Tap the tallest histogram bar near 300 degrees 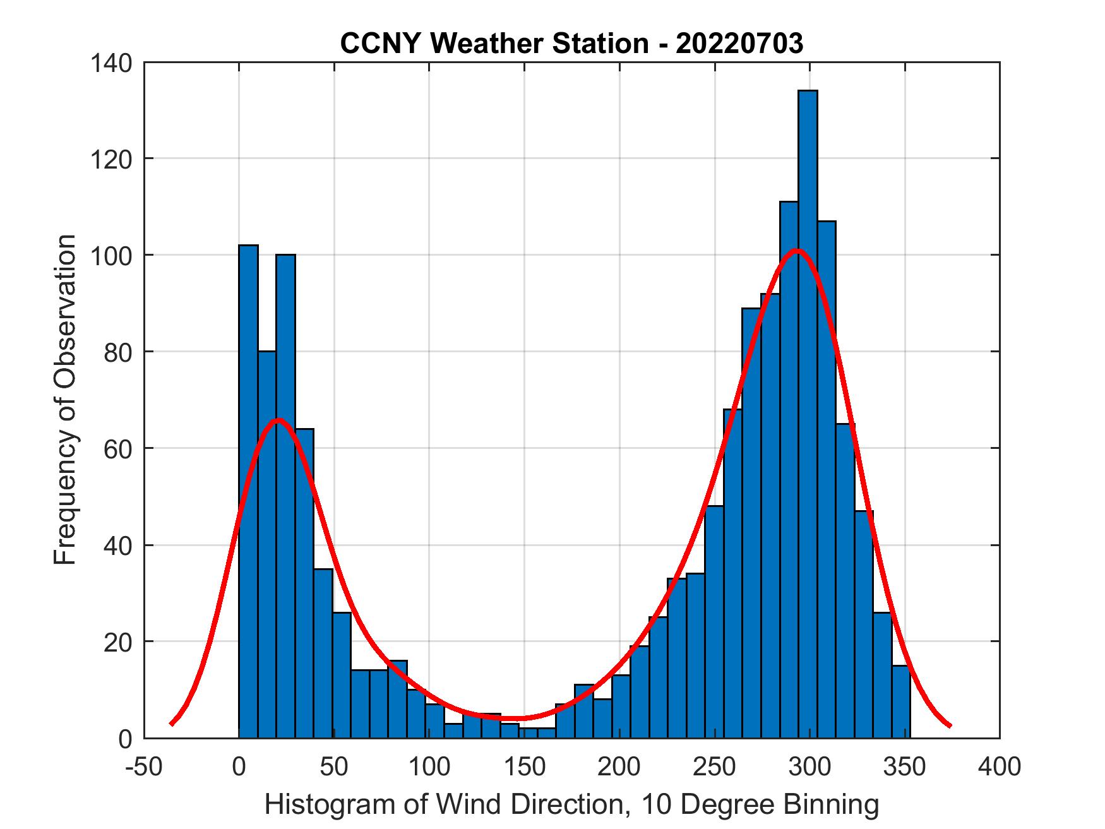pyautogui.click(x=808, y=410)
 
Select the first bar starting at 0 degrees pyautogui.click(x=248, y=492)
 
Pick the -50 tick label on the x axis pyautogui.click(x=143, y=767)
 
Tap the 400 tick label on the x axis pyautogui.click(x=1000, y=767)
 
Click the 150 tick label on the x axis pyautogui.click(x=524, y=767)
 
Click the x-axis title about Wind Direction pyautogui.click(x=571, y=804)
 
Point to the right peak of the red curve pyautogui.click(x=797, y=251)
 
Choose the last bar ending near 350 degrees pyautogui.click(x=901, y=701)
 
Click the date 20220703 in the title pyautogui.click(x=739, y=44)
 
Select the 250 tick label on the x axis pyautogui.click(x=715, y=767)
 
